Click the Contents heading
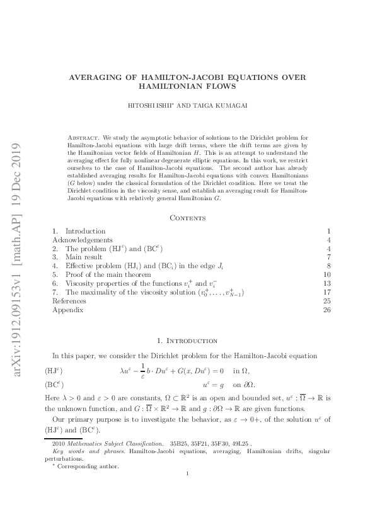point(187,218)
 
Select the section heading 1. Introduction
point(187,341)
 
